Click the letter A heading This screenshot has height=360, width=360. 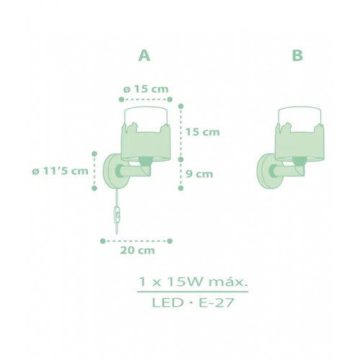[145, 55]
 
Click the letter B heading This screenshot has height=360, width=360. [297, 55]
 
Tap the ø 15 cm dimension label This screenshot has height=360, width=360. [145, 89]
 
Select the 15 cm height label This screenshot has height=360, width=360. [203, 132]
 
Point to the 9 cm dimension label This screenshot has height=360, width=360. [199, 174]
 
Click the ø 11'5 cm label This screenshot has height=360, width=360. [60, 171]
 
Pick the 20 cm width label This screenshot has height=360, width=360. [138, 251]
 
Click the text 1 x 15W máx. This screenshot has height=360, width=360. [193, 282]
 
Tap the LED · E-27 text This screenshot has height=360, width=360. [193, 303]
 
